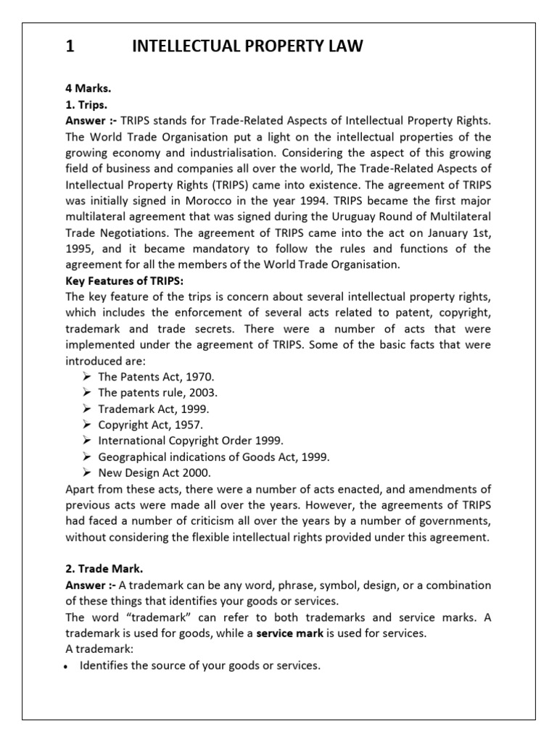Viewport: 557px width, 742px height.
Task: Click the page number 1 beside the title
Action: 70,47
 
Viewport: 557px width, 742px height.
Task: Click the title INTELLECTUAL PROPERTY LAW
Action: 247,47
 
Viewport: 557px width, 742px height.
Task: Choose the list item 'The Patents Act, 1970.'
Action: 156,377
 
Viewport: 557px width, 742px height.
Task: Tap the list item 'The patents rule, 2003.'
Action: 157,393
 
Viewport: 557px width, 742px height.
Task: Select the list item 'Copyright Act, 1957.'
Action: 149,425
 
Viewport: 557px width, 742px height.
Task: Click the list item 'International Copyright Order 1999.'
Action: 191,441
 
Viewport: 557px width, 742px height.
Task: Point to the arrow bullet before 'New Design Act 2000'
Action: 86,472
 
